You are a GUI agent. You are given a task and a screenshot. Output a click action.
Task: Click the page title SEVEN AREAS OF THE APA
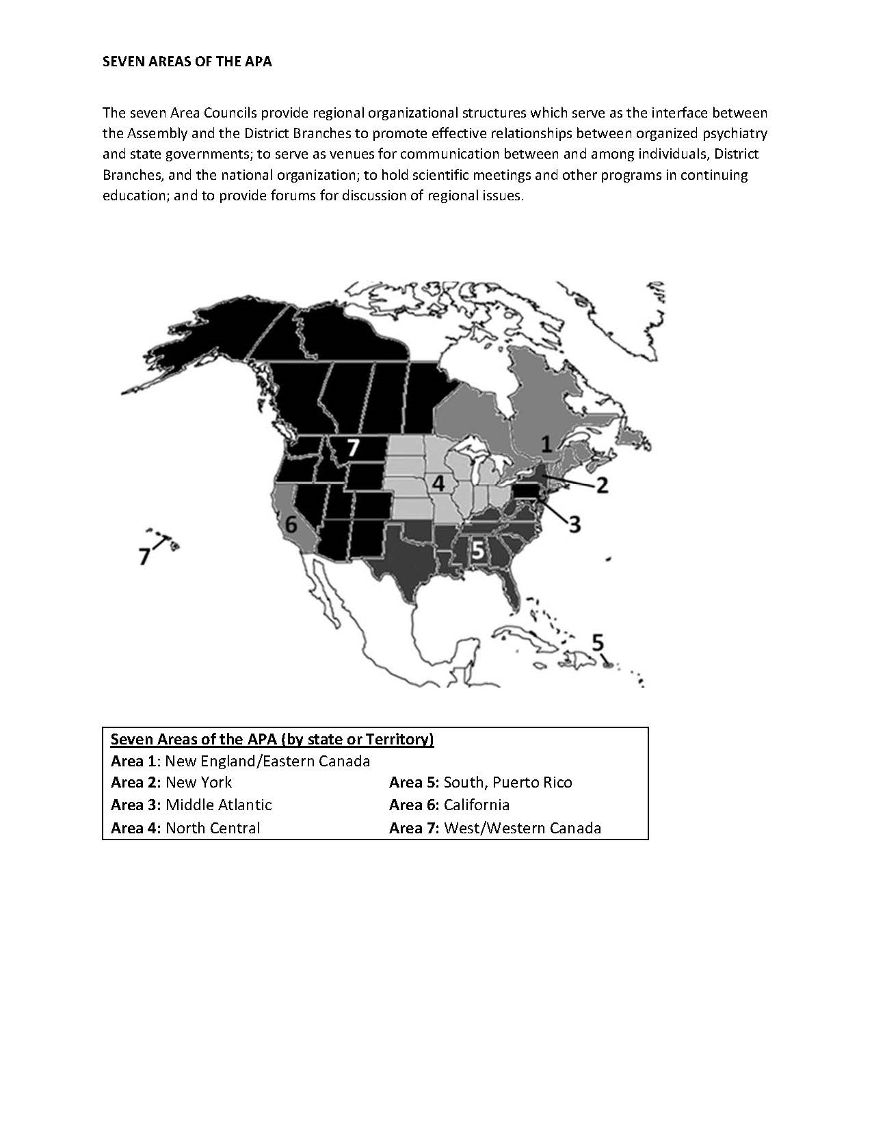(x=187, y=62)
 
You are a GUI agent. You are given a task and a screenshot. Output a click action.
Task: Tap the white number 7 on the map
(x=352, y=448)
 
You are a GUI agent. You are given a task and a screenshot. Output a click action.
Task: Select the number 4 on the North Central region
(x=438, y=483)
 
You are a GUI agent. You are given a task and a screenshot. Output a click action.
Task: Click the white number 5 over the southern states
(x=477, y=549)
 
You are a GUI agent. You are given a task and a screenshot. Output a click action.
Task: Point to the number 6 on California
(x=291, y=525)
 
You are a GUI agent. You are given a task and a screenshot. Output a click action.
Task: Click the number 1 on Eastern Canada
(x=546, y=444)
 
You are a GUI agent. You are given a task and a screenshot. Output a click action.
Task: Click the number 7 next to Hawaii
(x=144, y=556)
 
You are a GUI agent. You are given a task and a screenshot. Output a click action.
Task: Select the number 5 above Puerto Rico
(x=598, y=643)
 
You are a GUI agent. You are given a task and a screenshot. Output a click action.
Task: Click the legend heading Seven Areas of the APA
(x=272, y=739)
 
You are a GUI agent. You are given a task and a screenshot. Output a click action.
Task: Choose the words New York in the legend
(x=198, y=783)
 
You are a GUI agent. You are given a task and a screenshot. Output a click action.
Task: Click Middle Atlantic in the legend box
(x=218, y=805)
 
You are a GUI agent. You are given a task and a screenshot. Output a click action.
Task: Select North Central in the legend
(x=213, y=828)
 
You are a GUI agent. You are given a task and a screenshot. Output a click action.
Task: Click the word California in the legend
(x=476, y=805)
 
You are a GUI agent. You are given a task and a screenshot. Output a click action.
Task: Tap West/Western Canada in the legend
(x=522, y=828)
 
